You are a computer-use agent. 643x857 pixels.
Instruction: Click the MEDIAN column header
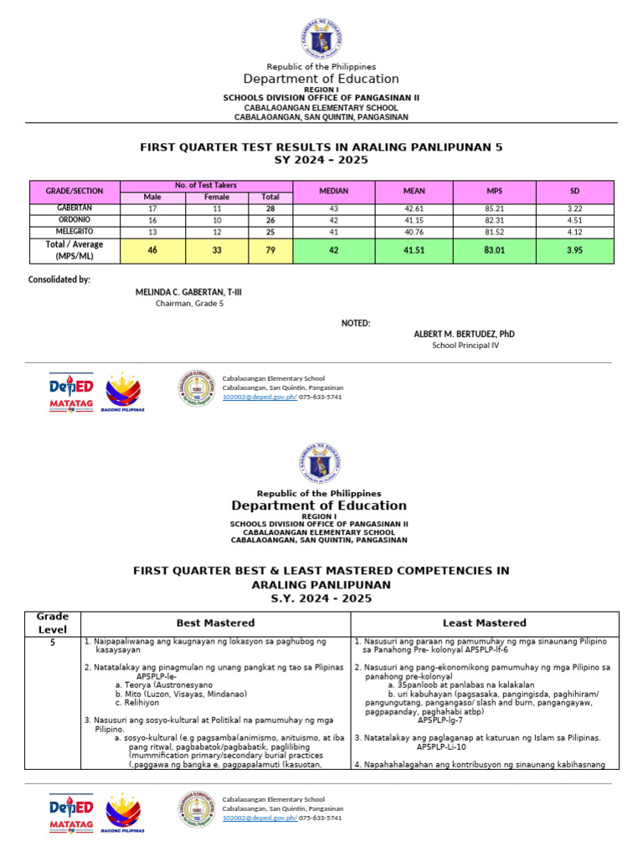(x=333, y=191)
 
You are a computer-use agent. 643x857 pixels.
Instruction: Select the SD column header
(x=575, y=191)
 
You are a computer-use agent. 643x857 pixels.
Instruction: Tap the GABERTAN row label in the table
(x=75, y=207)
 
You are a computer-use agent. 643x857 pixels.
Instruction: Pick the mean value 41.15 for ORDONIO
(x=414, y=218)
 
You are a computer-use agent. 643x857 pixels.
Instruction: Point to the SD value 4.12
(x=575, y=230)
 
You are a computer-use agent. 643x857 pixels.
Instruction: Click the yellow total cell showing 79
(x=270, y=249)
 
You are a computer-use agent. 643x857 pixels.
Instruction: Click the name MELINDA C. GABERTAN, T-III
(x=189, y=292)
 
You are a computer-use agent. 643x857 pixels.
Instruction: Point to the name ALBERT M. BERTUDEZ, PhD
(x=464, y=334)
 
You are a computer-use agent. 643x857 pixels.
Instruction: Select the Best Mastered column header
(x=215, y=623)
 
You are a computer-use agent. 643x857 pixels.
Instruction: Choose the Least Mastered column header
(x=484, y=623)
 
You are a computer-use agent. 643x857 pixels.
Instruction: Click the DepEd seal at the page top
(x=321, y=38)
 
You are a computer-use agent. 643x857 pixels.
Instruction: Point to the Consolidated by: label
(x=59, y=280)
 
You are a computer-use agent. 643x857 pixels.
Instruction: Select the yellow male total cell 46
(x=153, y=249)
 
